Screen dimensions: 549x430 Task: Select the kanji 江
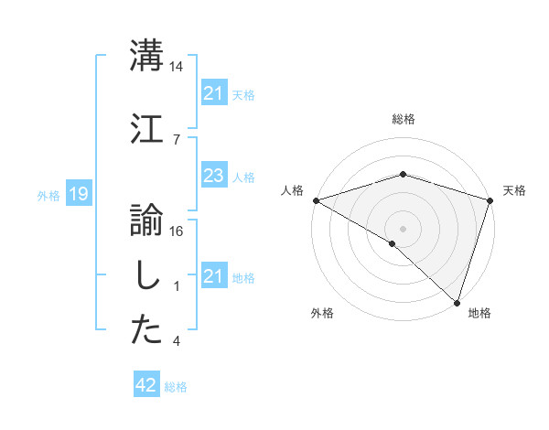point(147,127)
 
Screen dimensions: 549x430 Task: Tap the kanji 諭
point(147,220)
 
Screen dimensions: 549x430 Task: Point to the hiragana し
point(146,276)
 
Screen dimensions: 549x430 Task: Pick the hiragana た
point(147,330)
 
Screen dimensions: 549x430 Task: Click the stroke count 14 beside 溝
point(177,67)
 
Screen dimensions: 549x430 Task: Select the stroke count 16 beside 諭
point(177,231)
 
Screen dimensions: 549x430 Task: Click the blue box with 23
point(213,176)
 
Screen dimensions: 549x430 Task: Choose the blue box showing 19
point(79,193)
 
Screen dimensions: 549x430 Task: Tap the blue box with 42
point(146,385)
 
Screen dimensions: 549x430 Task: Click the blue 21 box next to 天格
point(213,92)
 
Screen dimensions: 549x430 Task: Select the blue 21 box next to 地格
point(213,276)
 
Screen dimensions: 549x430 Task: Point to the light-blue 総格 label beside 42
point(176,387)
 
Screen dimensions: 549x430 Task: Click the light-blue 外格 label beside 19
point(48,195)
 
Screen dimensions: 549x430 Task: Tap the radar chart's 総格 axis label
point(403,120)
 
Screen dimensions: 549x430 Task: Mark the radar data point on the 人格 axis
point(315,200)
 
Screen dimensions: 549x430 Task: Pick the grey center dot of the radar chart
point(403,229)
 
